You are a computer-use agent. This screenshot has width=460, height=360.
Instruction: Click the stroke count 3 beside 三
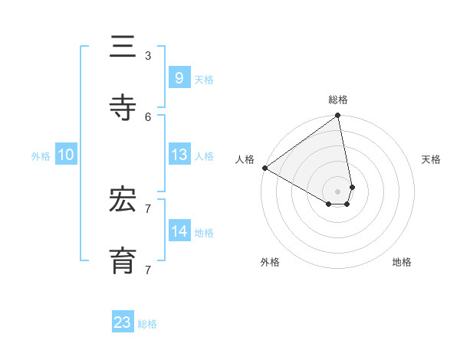coord(148,56)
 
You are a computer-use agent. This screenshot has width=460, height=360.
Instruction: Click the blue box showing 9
coord(179,77)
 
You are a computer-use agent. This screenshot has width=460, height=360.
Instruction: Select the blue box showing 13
coord(179,155)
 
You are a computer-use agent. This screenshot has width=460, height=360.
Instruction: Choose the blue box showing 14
coord(179,231)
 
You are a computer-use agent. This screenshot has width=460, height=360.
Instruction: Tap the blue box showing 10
coord(66,155)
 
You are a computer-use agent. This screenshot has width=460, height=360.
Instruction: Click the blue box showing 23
coord(123,322)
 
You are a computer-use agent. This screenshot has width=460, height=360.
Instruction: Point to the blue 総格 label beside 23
coord(148,324)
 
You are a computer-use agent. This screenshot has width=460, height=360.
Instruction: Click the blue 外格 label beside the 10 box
coord(41,156)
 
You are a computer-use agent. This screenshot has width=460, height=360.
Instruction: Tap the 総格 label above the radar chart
coord(338,100)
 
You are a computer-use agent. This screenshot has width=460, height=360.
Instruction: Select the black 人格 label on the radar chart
coord(245,159)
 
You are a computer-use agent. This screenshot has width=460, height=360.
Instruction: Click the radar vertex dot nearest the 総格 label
coord(337,116)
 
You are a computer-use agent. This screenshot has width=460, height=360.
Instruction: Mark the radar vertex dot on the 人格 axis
coord(264,168)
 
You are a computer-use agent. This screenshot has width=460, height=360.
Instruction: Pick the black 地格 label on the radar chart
coord(402,262)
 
